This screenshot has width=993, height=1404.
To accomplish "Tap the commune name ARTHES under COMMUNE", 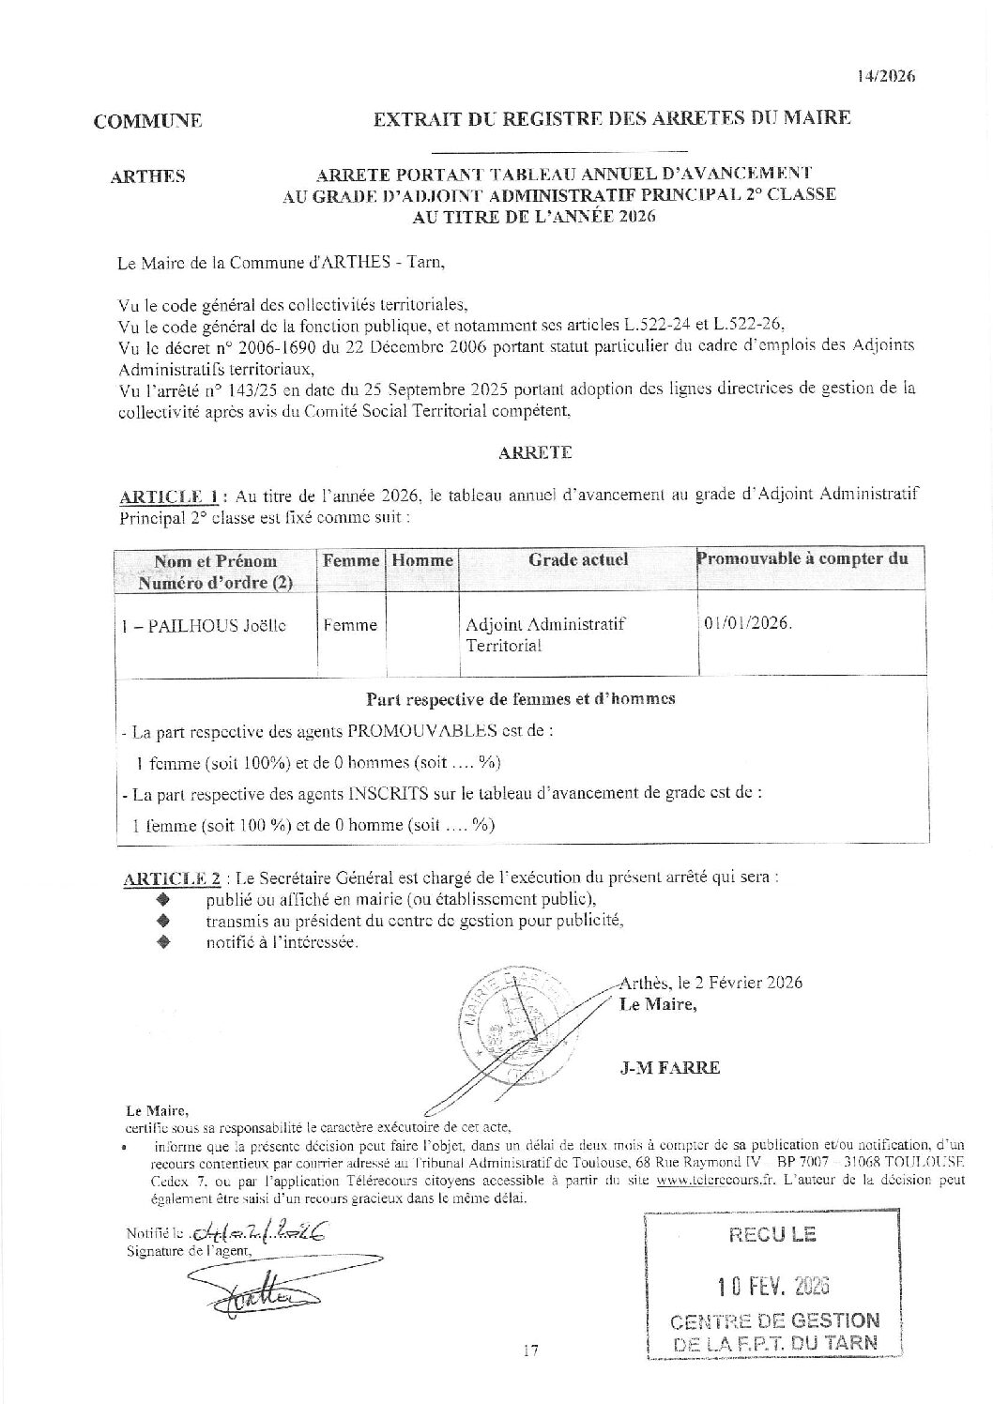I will pyautogui.click(x=147, y=176).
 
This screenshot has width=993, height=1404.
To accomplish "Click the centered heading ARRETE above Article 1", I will pyautogui.click(x=535, y=451).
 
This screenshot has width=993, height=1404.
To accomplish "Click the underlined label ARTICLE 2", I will pyautogui.click(x=173, y=878).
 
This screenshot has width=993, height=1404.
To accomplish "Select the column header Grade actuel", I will pyautogui.click(x=578, y=560).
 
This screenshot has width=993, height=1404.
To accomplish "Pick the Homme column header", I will pyautogui.click(x=422, y=560).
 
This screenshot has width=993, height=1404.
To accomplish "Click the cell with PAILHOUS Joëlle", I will pyautogui.click(x=206, y=626).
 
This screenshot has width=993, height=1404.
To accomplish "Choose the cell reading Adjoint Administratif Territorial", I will pyautogui.click(x=545, y=634).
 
